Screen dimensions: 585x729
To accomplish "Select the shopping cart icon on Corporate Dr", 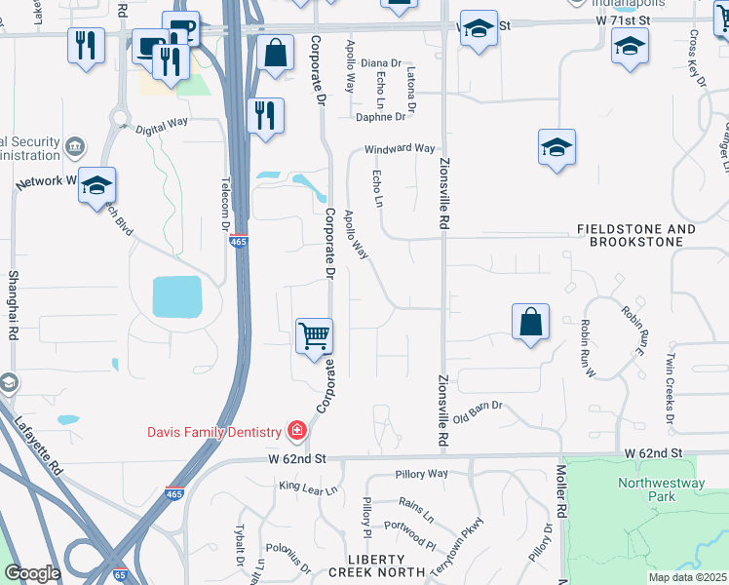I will tap(315, 337).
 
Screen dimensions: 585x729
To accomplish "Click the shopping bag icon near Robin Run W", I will tap(530, 322).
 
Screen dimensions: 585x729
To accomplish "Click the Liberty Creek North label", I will tap(376, 565).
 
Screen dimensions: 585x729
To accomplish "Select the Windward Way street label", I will tap(400, 149).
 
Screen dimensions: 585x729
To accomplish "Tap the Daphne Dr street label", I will tap(380, 117).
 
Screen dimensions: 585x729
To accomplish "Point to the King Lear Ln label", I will tap(307, 487).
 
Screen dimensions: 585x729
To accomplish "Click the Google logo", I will tap(33, 573).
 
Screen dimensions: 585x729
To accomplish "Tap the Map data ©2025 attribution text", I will tap(687, 577).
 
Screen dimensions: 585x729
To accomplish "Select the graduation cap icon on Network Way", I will tap(97, 185).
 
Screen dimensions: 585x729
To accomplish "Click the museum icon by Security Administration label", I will tap(74, 148).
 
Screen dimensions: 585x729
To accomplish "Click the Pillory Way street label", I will tap(421, 474).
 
